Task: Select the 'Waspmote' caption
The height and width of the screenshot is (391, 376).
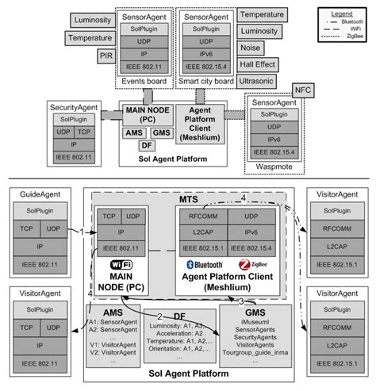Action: coord(274,167)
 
